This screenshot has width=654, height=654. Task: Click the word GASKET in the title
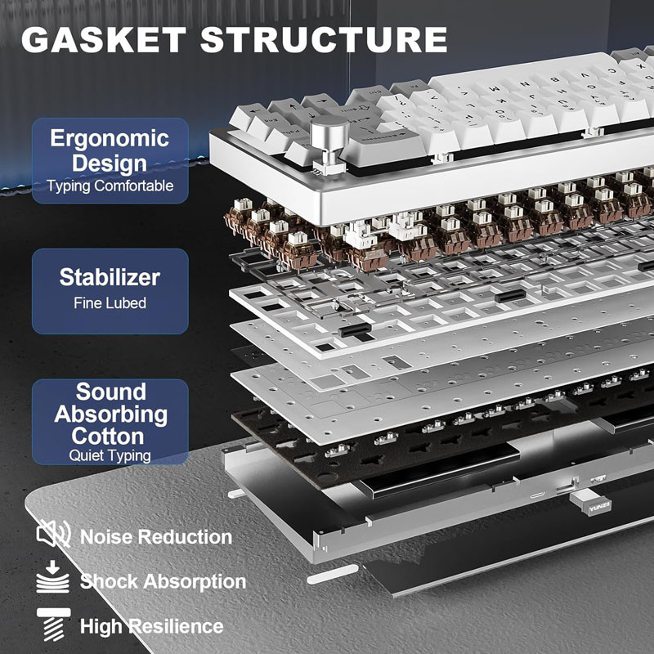click(x=104, y=40)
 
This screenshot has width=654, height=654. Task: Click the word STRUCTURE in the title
click(x=324, y=40)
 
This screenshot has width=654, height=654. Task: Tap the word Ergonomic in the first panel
click(x=110, y=138)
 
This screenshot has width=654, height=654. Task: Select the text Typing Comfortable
click(x=110, y=186)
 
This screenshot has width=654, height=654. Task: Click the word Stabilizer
click(x=110, y=277)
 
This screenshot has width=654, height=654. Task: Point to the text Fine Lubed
click(x=110, y=302)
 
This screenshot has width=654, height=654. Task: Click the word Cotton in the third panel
click(x=108, y=437)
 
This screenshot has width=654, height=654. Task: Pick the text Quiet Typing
click(x=110, y=455)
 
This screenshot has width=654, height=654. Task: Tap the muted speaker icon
click(x=53, y=534)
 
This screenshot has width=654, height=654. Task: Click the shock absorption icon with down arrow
click(x=52, y=577)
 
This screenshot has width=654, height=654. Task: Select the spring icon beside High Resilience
click(x=53, y=624)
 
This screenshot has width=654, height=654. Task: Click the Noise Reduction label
click(x=156, y=537)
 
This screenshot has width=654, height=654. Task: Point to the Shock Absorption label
click(x=163, y=581)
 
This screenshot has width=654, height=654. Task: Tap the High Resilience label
click(x=152, y=626)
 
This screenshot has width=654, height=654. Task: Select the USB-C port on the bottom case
click(x=537, y=495)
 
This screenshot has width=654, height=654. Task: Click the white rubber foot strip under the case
click(x=333, y=574)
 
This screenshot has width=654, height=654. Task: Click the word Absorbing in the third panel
click(x=111, y=414)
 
